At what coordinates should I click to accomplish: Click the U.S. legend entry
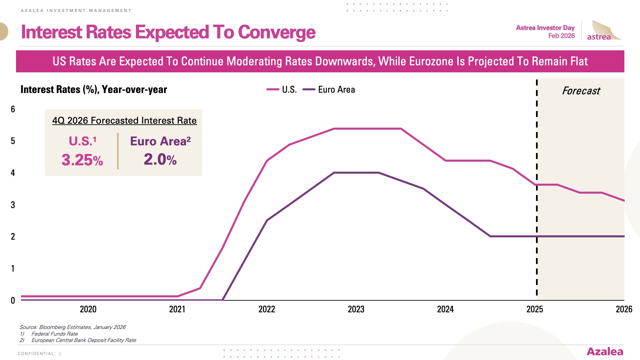coord(282,89)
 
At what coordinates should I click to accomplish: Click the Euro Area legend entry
coord(329,89)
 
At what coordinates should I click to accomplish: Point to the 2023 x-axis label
coord(356,309)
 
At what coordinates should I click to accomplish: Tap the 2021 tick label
coord(177,309)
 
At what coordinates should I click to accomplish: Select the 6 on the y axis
coord(13,109)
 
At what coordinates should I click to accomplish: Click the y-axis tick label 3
coord(13,205)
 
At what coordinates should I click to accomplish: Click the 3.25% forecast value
coord(82,160)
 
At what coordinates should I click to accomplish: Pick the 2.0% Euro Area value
coord(160,159)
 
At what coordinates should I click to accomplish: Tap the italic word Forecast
coord(581,91)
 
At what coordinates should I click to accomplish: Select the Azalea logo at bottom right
coord(605,351)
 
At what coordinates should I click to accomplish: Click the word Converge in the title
coord(276,32)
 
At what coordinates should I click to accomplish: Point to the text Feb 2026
coord(561,36)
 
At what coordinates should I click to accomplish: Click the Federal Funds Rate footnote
coord(54,334)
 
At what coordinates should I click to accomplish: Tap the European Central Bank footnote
coord(84,340)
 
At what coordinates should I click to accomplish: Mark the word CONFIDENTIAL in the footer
coord(36,354)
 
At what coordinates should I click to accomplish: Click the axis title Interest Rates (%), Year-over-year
coord(94,89)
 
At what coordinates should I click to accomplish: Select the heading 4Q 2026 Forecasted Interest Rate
coord(124,120)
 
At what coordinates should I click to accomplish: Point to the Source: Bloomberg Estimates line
coord(72,327)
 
